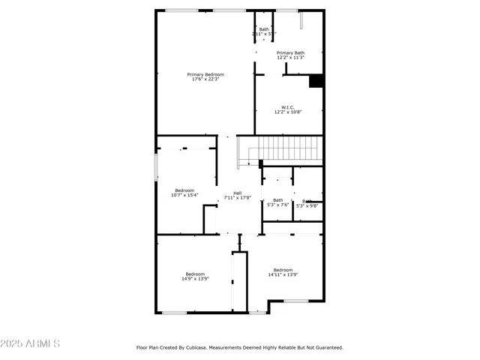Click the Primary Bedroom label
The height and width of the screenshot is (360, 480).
click(205, 74)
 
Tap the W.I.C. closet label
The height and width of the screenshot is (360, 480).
click(288, 107)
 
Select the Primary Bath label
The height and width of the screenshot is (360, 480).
click(290, 52)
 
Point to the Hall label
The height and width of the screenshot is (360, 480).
click(237, 193)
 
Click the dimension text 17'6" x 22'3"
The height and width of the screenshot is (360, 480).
click(205, 79)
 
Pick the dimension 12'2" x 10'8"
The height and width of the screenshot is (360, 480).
click(288, 112)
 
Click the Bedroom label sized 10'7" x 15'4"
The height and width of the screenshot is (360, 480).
click(184, 190)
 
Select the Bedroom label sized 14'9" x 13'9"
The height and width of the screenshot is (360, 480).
click(195, 274)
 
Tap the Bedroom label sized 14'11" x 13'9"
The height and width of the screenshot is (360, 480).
click(283, 270)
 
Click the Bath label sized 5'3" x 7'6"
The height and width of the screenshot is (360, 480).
click(277, 199)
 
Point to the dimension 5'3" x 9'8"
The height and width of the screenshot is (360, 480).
click(307, 205)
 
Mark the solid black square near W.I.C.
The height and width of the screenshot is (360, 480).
click(316, 81)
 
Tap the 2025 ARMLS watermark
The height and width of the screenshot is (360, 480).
click(31, 343)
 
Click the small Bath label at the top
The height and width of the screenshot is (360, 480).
click(263, 29)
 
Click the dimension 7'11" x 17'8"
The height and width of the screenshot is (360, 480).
click(237, 198)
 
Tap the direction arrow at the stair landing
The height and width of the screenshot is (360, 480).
click(248, 162)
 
